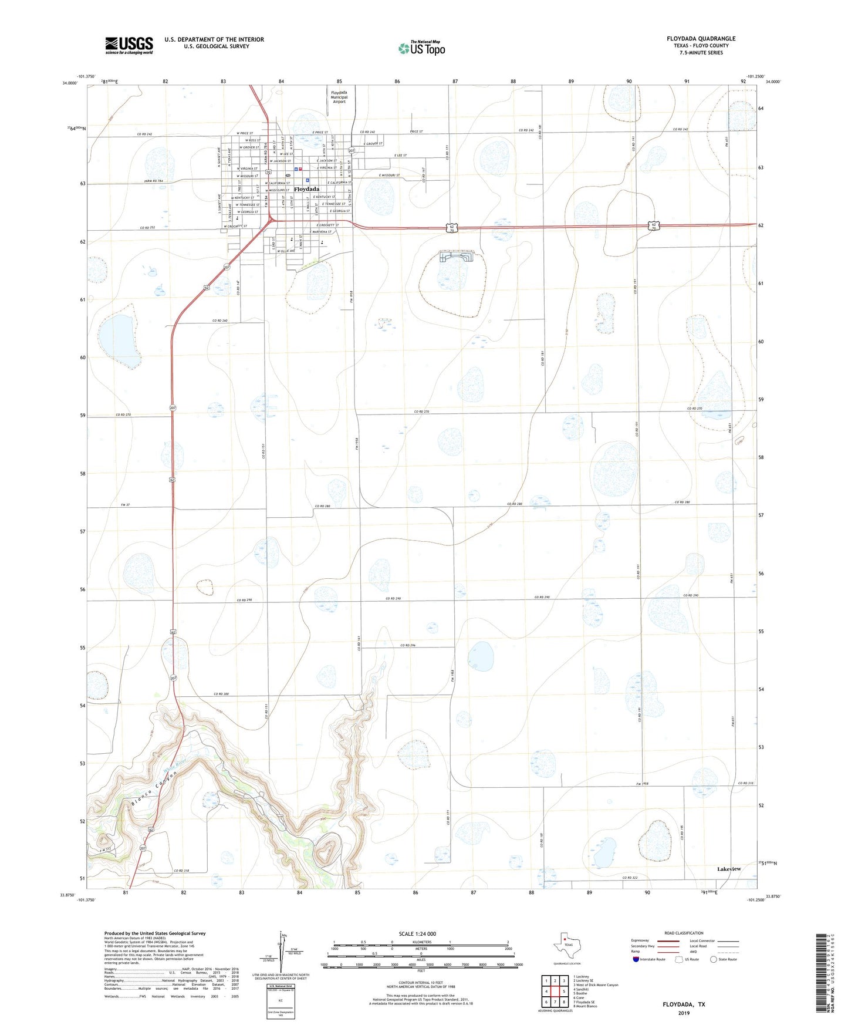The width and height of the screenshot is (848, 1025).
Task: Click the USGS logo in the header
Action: [129, 45]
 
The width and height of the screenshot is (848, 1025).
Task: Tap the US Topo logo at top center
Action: [421, 48]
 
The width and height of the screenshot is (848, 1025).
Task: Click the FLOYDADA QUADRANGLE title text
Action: [701, 39]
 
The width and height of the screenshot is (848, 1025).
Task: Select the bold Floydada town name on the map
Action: [306, 189]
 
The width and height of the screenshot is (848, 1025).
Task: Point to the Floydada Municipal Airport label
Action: [339, 97]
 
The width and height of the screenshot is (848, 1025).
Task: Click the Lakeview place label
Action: [729, 868]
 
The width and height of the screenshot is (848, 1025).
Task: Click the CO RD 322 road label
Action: [631, 877]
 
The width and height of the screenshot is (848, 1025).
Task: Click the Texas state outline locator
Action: [565, 945]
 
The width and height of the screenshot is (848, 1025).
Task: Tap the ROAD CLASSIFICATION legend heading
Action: [684, 933]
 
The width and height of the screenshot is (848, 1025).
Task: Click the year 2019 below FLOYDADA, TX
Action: [684, 1013]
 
